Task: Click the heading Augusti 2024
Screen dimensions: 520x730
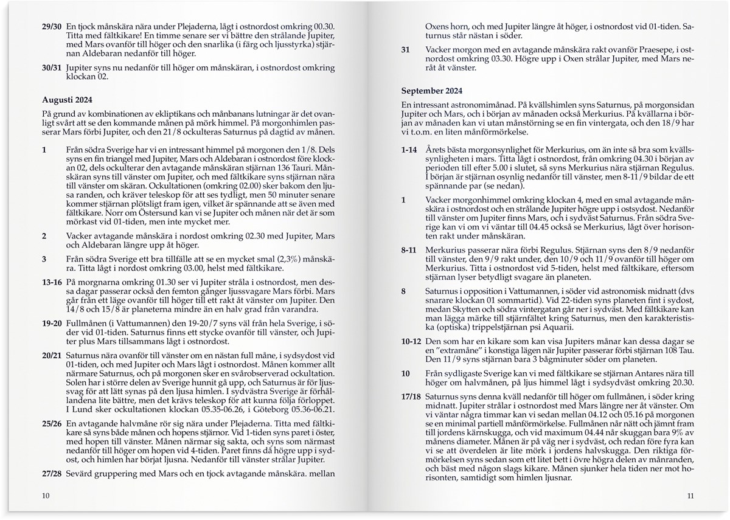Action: click(x=68, y=99)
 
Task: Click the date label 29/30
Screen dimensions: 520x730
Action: click(x=50, y=27)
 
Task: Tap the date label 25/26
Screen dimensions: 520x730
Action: click(x=51, y=423)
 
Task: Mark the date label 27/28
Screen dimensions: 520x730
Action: click(x=51, y=473)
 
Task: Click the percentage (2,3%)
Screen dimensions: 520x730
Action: click(x=313, y=258)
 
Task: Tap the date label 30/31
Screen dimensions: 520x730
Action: click(x=50, y=68)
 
